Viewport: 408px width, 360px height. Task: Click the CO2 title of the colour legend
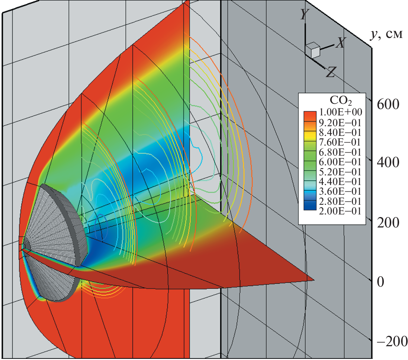[x=341, y=100]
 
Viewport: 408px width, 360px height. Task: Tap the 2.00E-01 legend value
[x=340, y=211]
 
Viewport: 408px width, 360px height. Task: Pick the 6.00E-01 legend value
[x=340, y=162]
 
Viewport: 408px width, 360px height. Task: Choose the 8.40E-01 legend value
[x=340, y=132]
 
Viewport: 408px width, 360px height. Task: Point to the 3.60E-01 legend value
[x=340, y=191]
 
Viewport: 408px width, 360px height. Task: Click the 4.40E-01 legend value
[x=340, y=182]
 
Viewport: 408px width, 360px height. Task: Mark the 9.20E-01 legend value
[x=340, y=123]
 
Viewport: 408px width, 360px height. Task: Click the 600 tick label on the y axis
[x=388, y=105]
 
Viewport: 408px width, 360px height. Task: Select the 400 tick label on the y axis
[x=388, y=163]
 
